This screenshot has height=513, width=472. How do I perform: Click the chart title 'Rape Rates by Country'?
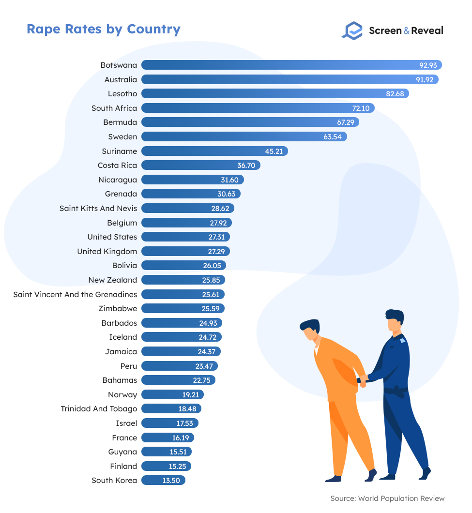[104, 29]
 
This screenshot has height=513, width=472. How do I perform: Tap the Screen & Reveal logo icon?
[352, 30]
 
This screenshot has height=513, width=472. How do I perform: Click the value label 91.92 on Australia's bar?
[426, 79]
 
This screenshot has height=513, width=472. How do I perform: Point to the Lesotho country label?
[122, 94]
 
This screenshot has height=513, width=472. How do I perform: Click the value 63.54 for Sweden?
[332, 137]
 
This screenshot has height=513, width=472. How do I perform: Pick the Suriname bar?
[213, 151]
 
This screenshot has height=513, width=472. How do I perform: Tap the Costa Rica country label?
[117, 166]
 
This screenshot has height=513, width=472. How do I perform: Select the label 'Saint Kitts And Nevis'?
[98, 209]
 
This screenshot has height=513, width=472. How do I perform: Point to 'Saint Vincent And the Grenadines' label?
[75, 294]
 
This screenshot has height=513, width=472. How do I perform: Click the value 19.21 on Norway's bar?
[190, 394]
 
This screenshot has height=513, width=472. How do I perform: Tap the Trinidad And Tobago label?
[99, 409]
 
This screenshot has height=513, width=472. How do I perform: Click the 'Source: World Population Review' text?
[387, 498]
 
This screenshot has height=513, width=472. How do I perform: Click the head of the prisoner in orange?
[309, 330]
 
